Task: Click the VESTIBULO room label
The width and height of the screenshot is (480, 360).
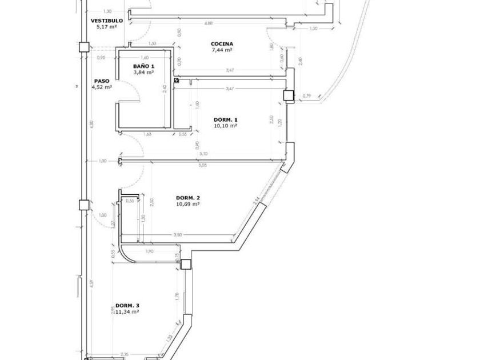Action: tap(107, 21)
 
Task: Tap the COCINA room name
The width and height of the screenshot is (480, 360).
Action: tap(222, 44)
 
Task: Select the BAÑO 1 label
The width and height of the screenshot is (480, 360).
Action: tap(144, 66)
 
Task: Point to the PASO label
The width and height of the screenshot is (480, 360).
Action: tap(101, 81)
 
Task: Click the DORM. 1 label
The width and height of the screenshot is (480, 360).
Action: tap(225, 119)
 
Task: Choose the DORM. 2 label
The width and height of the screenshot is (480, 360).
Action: tap(188, 198)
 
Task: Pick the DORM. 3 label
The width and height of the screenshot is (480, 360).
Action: tap(127, 306)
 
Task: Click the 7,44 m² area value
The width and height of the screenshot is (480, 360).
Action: tap(222, 50)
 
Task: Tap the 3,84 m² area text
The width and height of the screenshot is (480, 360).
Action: tap(144, 73)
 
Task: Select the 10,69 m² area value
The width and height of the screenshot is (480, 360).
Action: tap(188, 204)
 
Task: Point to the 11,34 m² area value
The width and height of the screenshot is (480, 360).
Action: tap(127, 312)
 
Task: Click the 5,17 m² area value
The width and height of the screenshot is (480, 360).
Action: tap(107, 27)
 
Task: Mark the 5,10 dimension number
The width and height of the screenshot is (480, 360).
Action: tap(204, 153)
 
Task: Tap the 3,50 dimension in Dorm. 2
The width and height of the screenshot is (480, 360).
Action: tap(177, 235)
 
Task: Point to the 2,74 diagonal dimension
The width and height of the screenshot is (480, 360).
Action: tap(257, 201)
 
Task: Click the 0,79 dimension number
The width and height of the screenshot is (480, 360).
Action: tap(307, 95)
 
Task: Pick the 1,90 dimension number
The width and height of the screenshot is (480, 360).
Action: tap(150, 251)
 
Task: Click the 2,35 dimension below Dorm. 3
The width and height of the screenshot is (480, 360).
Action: tap(125, 354)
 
